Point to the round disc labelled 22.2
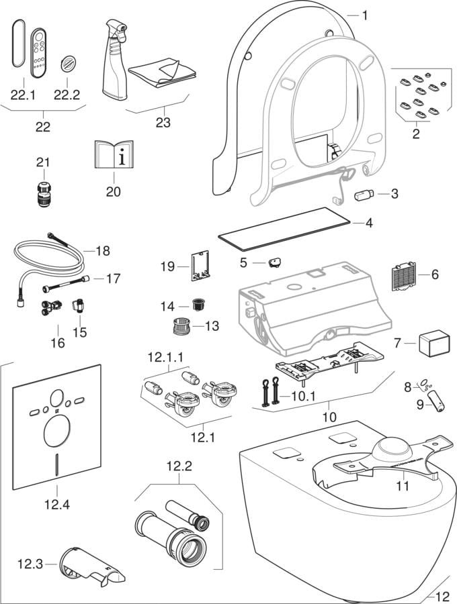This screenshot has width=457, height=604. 70,64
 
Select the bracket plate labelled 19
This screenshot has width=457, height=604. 200,266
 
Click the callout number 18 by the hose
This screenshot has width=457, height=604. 101,252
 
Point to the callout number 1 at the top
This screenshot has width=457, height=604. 365,14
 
